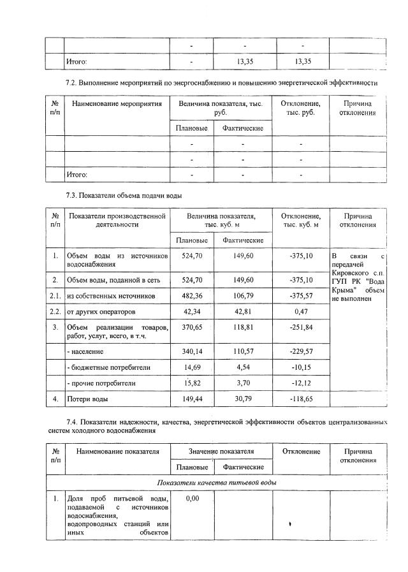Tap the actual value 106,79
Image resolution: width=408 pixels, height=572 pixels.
[x=243, y=296]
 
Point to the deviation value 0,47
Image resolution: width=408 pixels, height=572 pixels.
[x=301, y=312]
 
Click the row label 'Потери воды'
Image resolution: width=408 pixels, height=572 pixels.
[x=88, y=399]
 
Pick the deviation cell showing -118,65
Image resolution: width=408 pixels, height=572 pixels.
[x=301, y=399]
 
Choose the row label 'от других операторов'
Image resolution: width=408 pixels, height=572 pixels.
[x=101, y=312]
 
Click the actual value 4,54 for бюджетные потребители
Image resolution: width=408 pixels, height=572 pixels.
[x=243, y=367]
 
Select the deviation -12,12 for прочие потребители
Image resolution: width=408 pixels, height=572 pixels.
[x=301, y=383]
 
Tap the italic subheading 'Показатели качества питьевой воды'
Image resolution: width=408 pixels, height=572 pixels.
[x=217, y=481]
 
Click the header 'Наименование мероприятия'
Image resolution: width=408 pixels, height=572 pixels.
[x=117, y=103]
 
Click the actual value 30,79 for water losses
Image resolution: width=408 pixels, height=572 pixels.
[x=243, y=399]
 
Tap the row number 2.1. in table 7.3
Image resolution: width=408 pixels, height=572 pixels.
[x=55, y=296]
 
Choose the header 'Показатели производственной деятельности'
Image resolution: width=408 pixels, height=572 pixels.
[x=117, y=220]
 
